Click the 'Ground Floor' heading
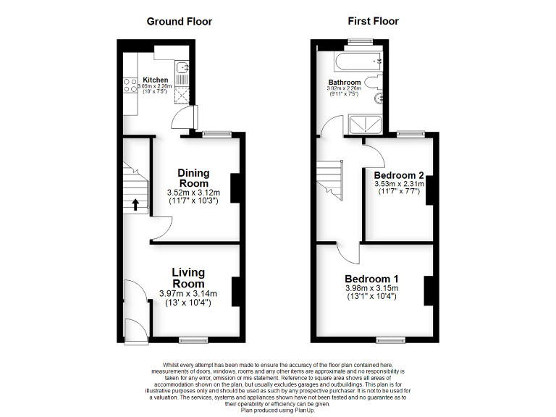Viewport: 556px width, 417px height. point(179,21)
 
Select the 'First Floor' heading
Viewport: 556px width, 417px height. point(374,21)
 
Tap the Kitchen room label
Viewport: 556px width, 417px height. point(155,80)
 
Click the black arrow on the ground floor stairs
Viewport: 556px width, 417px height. point(135,204)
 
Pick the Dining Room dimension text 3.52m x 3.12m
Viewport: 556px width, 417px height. point(193,193)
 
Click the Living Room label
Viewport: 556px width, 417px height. point(188,278)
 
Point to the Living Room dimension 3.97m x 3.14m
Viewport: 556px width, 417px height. point(188,294)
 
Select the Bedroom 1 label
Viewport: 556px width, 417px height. point(371,279)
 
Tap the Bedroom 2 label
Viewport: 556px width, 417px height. point(398,175)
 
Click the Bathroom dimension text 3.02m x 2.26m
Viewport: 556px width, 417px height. point(345,89)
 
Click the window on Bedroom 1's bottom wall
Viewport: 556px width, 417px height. point(390,339)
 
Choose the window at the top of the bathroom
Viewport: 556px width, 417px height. point(359,41)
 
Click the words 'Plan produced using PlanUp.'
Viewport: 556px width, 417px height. point(278,409)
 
